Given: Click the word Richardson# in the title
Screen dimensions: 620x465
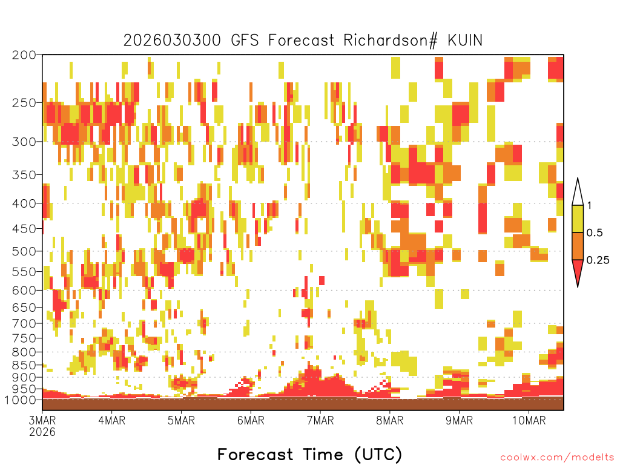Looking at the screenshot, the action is (391, 41).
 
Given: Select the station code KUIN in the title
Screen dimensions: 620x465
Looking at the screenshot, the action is (465, 41).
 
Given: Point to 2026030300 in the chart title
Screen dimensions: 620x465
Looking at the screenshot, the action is (172, 41).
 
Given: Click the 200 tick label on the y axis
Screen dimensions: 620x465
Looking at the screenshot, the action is (24, 55).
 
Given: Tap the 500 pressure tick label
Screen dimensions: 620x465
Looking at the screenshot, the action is (24, 251).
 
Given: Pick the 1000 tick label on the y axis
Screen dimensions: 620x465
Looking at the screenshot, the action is (21, 400).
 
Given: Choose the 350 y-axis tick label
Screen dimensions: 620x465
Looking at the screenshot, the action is (24, 174).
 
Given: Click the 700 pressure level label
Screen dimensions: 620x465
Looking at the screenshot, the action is (24, 323).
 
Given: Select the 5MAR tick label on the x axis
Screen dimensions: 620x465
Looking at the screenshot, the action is (181, 420).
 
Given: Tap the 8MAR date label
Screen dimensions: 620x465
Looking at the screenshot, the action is (389, 420).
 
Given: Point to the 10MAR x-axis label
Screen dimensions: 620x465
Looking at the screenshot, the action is (529, 420).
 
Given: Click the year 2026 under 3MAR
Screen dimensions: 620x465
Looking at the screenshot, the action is (42, 432).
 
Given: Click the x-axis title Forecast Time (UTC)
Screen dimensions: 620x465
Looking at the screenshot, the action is (309, 454).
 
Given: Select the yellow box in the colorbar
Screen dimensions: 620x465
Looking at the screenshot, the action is (578, 219).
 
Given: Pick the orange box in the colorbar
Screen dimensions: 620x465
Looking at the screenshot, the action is (578, 246).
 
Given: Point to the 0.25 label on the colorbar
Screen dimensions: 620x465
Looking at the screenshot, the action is (598, 260).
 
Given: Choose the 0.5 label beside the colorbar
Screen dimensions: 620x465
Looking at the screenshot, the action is (595, 232).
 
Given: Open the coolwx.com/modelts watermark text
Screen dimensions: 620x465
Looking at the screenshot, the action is (557, 458).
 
